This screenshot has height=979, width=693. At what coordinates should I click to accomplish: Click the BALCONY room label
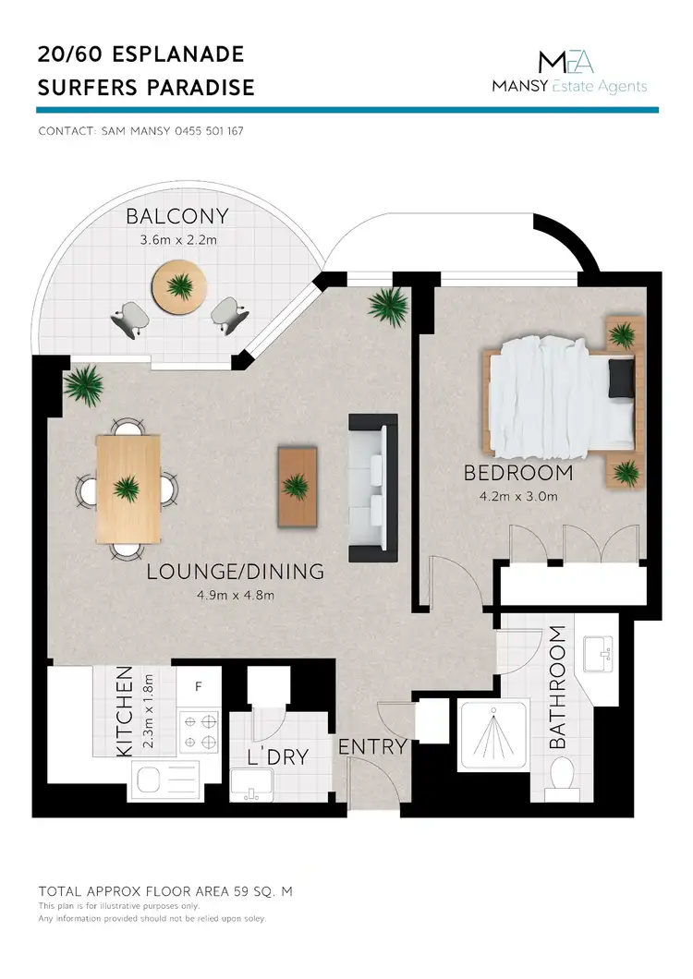176,218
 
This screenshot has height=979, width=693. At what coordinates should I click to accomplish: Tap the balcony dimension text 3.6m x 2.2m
176,240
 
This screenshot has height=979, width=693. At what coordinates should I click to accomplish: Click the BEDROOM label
517,474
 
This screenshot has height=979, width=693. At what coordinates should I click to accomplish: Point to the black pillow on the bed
622,376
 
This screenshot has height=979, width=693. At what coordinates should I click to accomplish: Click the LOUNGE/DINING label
236,573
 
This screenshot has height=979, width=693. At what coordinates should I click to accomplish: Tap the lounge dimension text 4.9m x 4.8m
236,596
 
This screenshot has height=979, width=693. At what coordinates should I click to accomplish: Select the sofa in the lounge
372,489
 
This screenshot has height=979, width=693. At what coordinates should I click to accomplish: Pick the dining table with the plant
128,488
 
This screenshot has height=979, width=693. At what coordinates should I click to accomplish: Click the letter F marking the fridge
197,687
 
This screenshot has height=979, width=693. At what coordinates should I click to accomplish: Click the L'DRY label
277,758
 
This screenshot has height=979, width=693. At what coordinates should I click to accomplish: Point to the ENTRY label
372,747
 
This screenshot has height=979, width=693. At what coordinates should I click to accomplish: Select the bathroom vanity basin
602,658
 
